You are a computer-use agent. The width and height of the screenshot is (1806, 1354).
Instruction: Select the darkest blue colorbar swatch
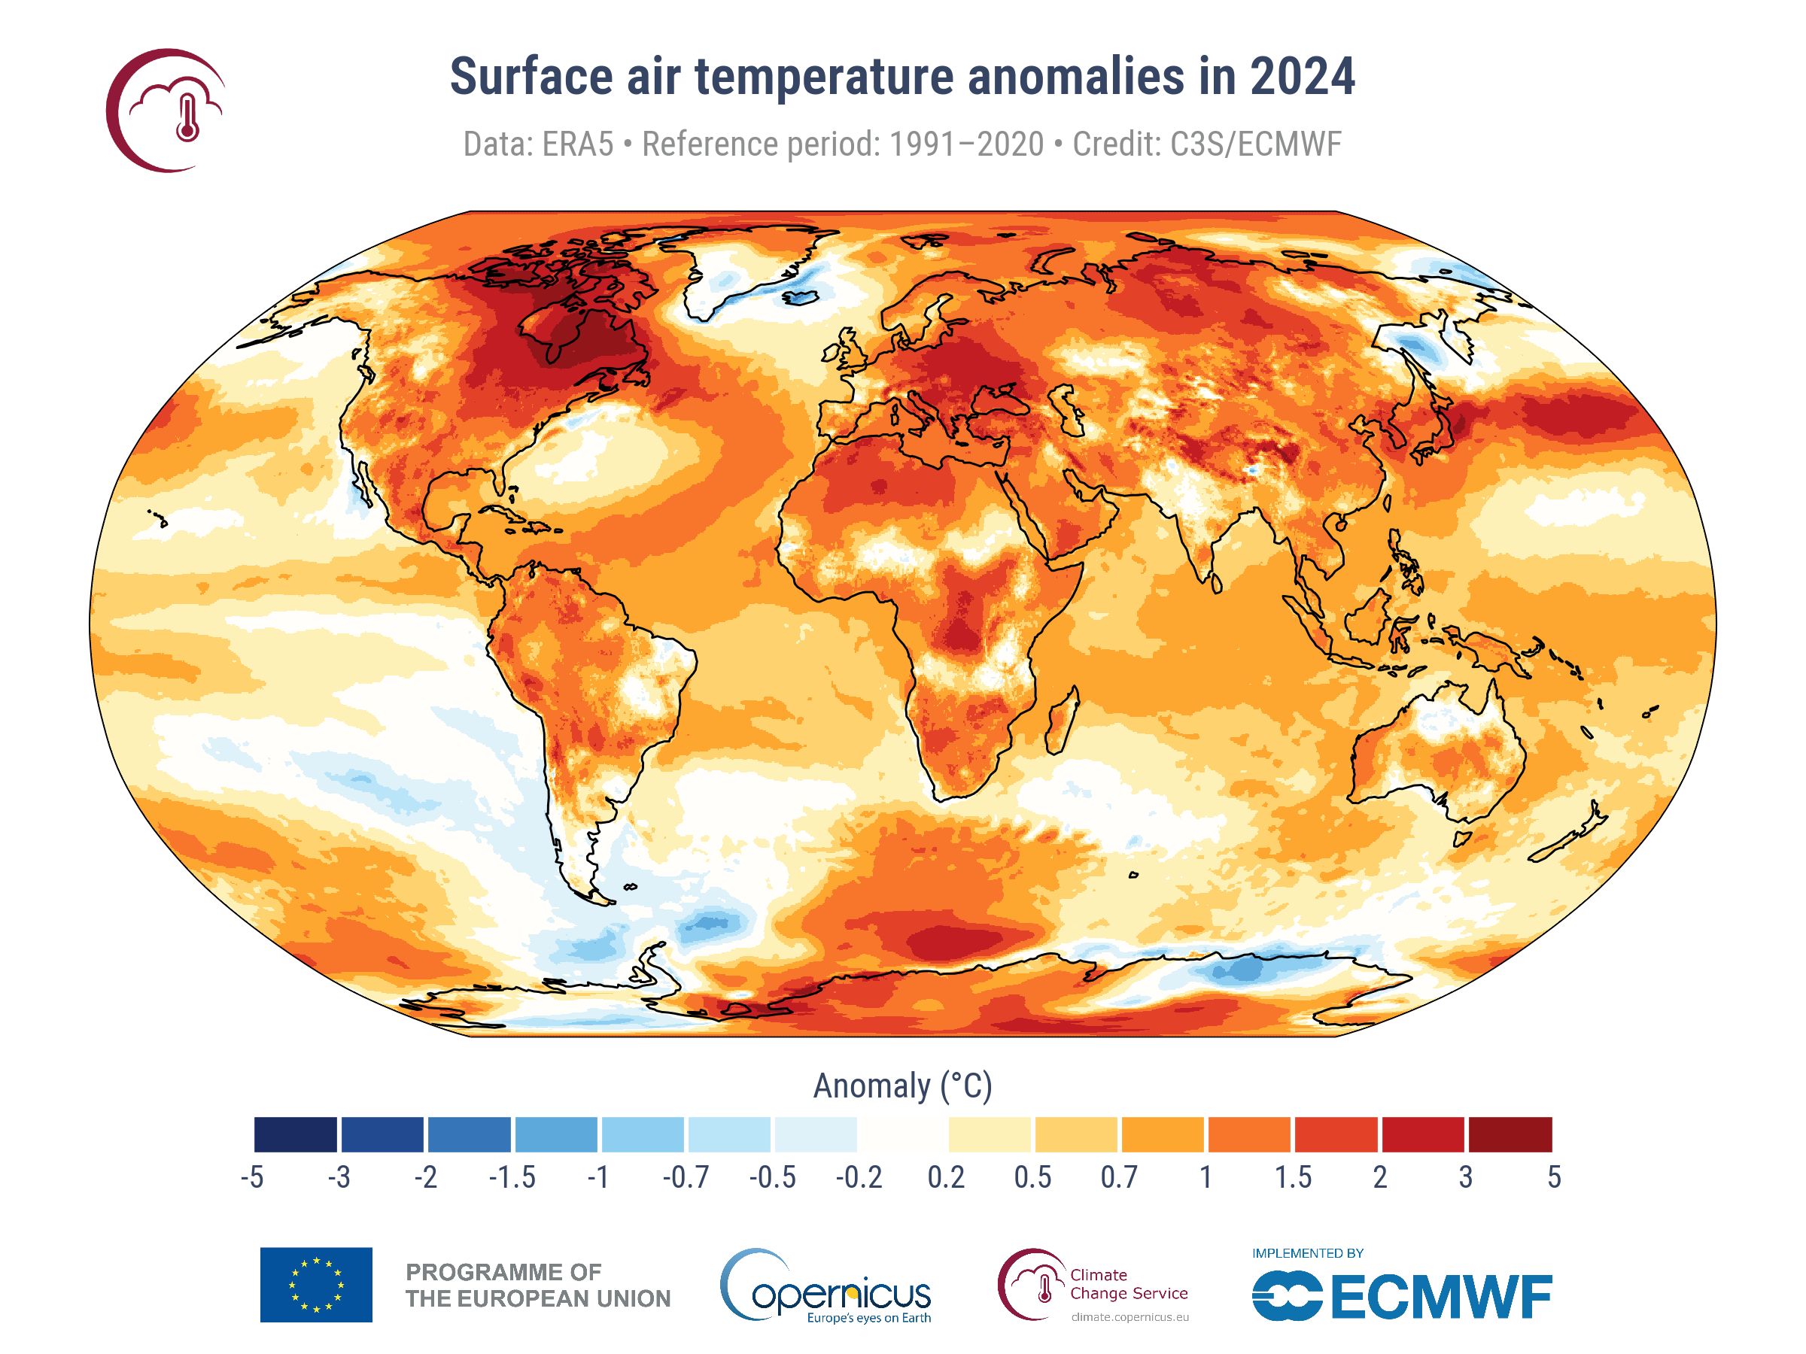[296, 1134]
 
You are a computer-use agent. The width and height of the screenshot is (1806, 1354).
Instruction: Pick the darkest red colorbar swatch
[1510, 1134]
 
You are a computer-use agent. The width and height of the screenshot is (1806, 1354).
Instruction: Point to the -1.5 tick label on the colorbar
[512, 1178]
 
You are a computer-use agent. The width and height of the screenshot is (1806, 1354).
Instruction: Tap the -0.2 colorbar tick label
[859, 1178]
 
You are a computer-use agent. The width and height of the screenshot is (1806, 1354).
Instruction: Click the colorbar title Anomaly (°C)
[902, 1086]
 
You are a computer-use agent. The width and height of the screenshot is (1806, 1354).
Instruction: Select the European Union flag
[316, 1285]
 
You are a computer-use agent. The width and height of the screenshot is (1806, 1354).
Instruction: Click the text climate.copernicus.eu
[1130, 1316]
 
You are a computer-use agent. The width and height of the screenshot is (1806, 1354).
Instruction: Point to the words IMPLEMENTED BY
[1307, 1252]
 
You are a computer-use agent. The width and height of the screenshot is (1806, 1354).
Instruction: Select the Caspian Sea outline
[1066, 411]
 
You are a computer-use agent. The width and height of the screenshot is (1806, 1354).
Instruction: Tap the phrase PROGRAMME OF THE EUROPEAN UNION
[537, 1286]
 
